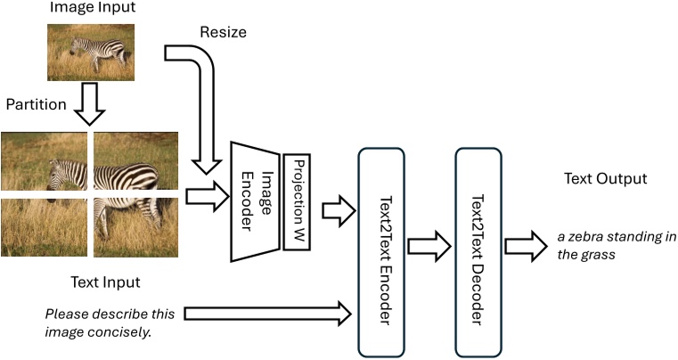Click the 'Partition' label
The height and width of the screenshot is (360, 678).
tap(37, 104)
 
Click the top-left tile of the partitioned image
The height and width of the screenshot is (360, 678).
tap(44, 160)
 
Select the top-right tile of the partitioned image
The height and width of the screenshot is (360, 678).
tap(135, 160)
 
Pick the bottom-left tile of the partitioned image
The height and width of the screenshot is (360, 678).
tap(44, 227)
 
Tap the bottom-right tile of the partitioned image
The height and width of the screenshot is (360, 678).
tap(135, 227)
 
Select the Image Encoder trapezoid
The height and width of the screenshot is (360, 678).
tap(254, 201)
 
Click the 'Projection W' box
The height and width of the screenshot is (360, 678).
tap(296, 201)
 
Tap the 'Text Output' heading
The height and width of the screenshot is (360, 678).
tap(605, 179)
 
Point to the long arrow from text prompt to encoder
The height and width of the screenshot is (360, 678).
tap(267, 312)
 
